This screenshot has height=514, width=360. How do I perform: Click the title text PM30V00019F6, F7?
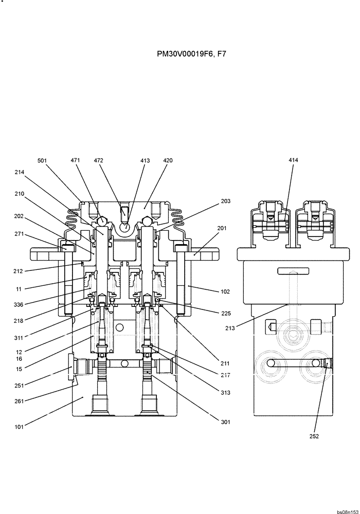[191, 53]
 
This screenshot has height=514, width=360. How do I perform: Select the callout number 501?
[42, 161]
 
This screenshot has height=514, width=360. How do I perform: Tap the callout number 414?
[293, 161]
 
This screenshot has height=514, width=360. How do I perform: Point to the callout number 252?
[314, 436]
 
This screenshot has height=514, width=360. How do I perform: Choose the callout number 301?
[225, 422]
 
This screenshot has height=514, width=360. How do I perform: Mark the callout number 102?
[225, 291]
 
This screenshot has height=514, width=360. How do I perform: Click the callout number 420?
[168, 161]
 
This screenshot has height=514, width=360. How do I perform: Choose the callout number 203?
[225, 201]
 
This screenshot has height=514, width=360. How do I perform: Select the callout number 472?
[99, 161]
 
